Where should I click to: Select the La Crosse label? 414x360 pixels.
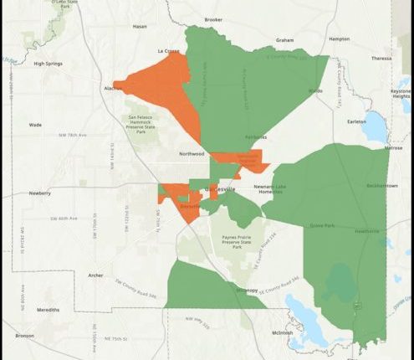point(169,51)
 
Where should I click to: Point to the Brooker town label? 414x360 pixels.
point(213,19)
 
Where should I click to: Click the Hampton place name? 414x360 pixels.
point(340,39)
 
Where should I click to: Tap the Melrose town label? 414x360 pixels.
point(394,147)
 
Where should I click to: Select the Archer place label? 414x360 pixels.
point(95,275)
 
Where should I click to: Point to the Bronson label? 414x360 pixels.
point(23,336)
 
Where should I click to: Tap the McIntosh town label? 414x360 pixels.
point(282,332)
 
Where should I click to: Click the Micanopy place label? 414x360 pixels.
point(247,290)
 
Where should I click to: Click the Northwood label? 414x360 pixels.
point(192,154)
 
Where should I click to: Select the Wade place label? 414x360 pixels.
point(35,125)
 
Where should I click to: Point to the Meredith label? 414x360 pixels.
point(48,310)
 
